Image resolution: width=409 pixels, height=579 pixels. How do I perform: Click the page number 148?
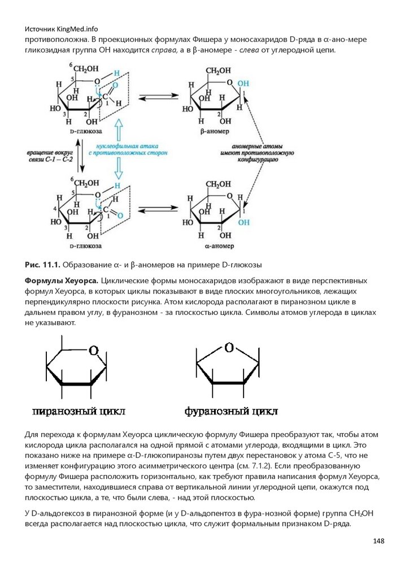click(378, 541)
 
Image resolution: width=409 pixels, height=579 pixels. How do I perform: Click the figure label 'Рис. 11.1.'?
click(42, 265)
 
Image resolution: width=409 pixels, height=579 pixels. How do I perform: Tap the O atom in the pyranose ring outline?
click(94, 350)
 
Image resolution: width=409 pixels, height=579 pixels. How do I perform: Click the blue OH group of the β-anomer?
click(242, 83)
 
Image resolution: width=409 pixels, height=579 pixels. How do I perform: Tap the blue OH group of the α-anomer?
click(243, 223)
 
